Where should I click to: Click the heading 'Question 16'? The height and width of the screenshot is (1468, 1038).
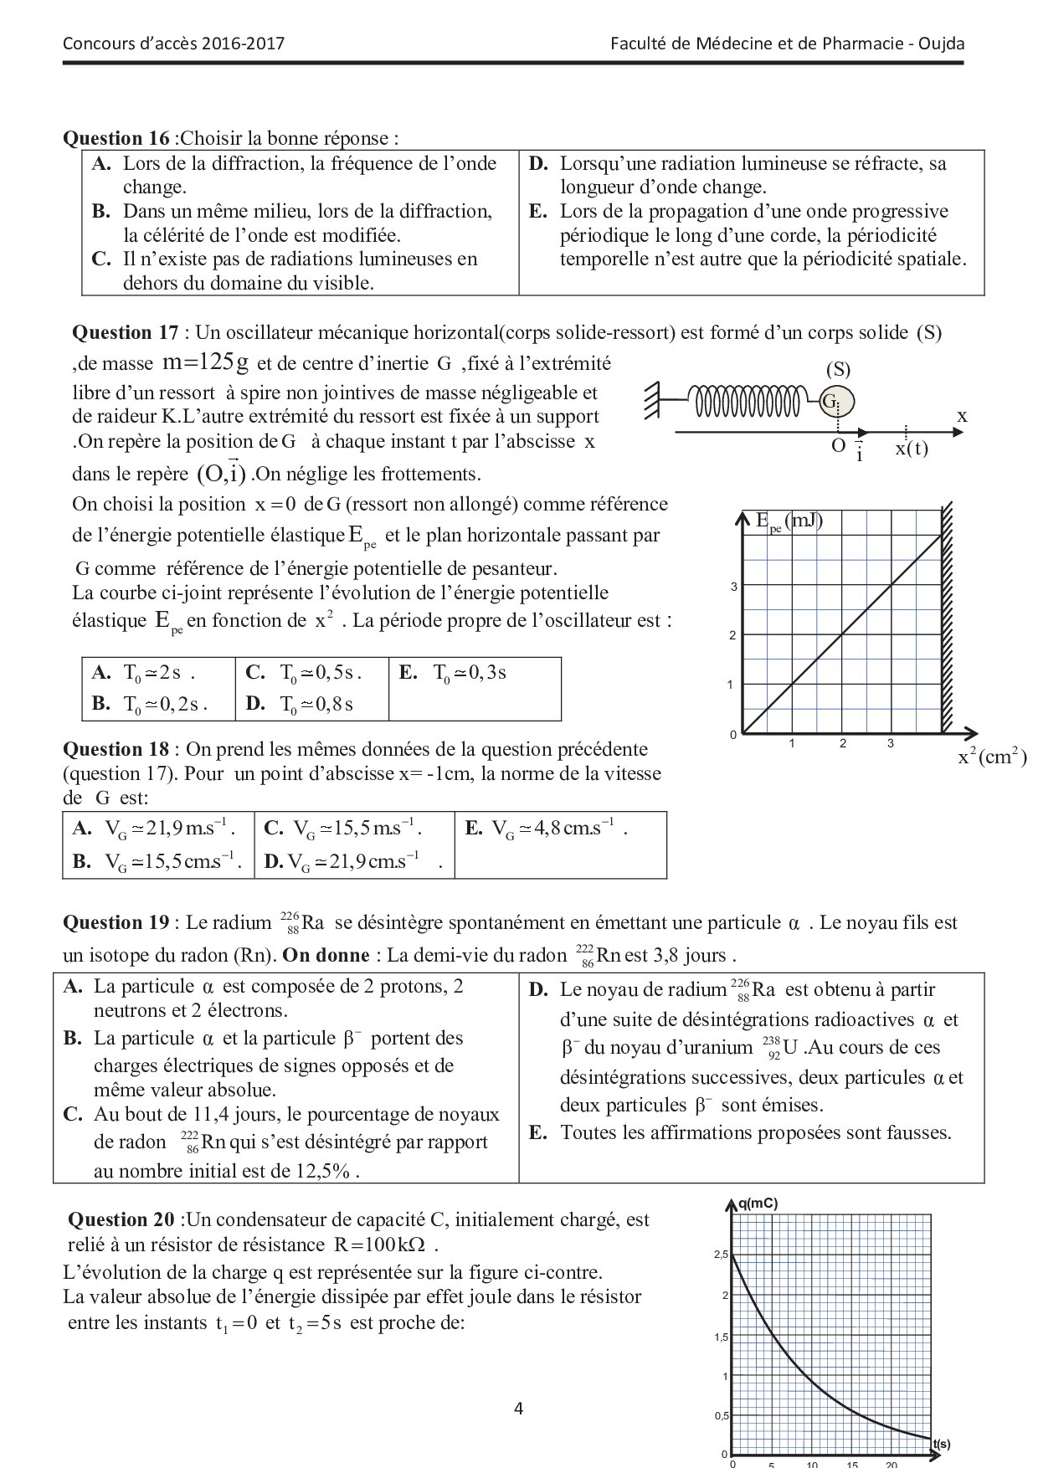point(117,138)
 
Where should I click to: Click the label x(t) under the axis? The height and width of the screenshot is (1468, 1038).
point(912,449)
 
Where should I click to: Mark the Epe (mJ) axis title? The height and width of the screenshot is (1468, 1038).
point(789,521)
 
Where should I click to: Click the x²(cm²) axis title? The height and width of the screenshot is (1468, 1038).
point(992,757)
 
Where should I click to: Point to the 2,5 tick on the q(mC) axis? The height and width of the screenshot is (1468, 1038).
point(721,1255)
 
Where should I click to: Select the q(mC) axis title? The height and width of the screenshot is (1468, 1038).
point(758,1204)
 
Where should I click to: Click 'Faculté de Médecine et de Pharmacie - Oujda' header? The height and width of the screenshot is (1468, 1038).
point(788,44)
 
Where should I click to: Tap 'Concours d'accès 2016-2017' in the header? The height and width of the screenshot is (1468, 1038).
point(173,44)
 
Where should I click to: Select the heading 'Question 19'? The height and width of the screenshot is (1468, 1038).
point(116,922)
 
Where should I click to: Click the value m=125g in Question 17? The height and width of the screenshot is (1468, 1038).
point(205,363)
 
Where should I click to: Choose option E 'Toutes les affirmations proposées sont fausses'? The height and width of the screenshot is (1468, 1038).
point(755,1133)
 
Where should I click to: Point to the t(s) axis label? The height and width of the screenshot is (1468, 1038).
point(941,1445)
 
